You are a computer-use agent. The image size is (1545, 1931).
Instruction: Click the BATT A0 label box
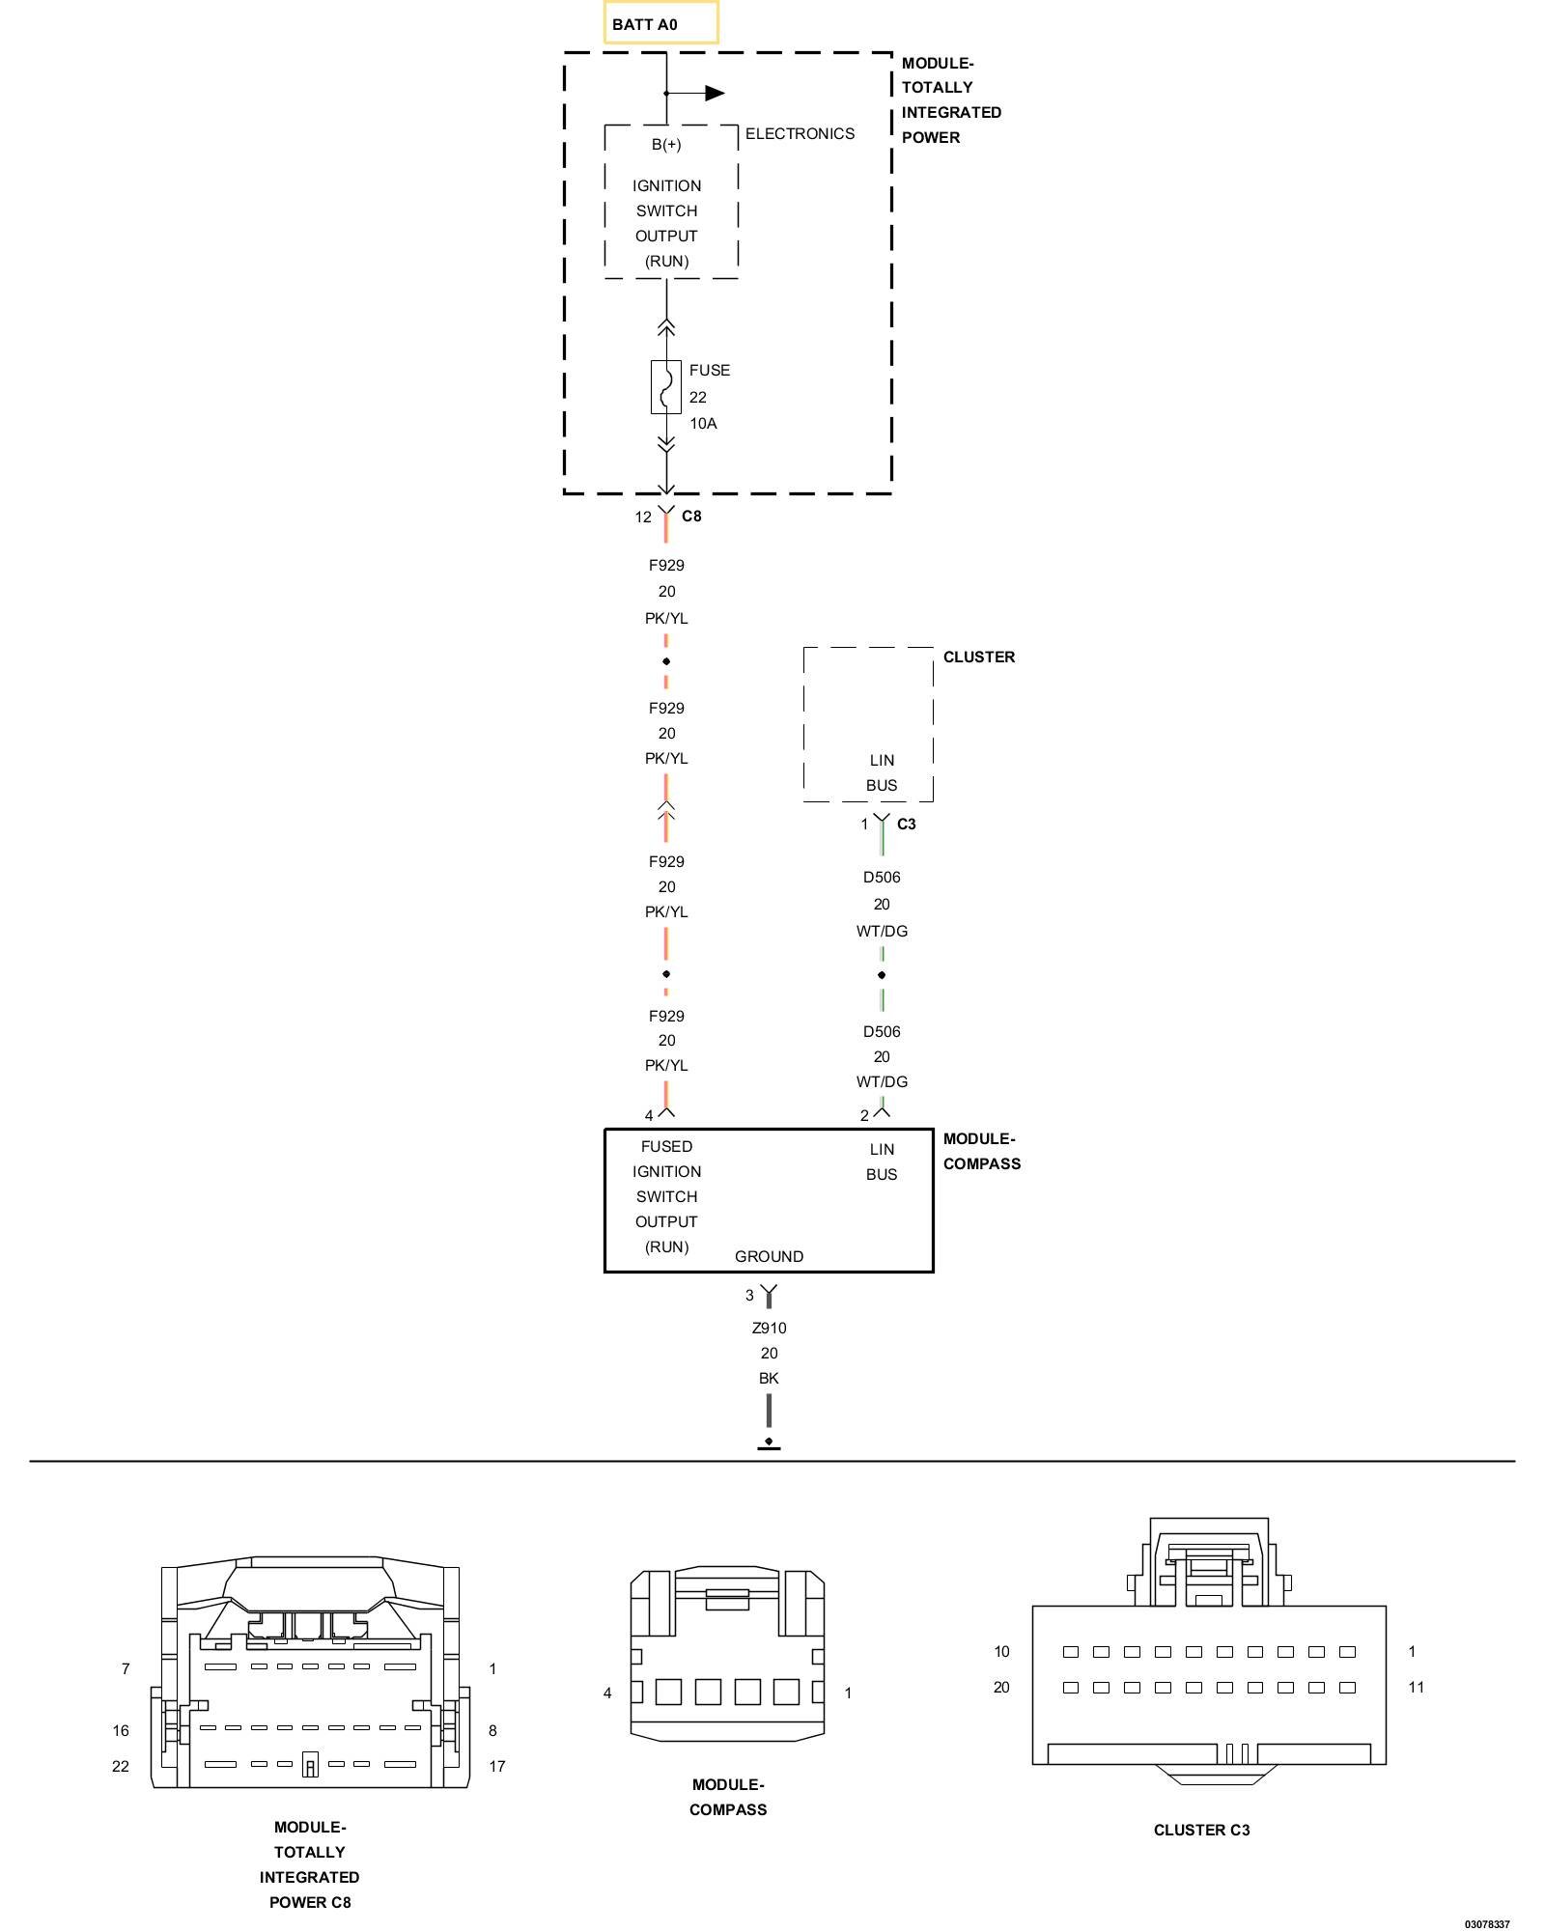pyautogui.click(x=660, y=23)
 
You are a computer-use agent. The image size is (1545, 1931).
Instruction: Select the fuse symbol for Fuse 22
pyautogui.click(x=665, y=387)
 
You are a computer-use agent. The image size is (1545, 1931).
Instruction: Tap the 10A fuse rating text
pyautogui.click(x=703, y=424)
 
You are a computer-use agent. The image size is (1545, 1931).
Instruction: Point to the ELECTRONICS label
pyautogui.click(x=800, y=134)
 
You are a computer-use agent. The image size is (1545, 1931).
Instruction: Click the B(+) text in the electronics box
pyautogui.click(x=666, y=145)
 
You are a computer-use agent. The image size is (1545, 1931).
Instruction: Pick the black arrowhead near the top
pyautogui.click(x=715, y=94)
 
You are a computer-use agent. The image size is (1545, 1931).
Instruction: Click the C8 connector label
pyautogui.click(x=691, y=517)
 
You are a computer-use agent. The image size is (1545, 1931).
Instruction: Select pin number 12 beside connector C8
pyautogui.click(x=643, y=518)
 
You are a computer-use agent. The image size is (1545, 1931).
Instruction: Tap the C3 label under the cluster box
pyautogui.click(x=906, y=825)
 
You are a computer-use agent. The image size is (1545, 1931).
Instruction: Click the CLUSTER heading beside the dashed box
pyautogui.click(x=979, y=658)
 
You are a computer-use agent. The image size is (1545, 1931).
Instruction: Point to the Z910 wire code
pyautogui.click(x=769, y=1329)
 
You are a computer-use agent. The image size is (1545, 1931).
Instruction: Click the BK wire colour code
pyautogui.click(x=769, y=1379)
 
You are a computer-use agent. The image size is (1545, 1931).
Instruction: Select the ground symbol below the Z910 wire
pyautogui.click(x=769, y=1444)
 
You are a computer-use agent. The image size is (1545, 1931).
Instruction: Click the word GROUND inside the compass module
pyautogui.click(x=769, y=1257)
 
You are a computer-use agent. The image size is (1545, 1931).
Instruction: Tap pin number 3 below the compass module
pyautogui.click(x=749, y=1296)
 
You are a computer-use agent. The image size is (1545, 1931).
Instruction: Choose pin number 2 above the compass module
pyautogui.click(x=864, y=1116)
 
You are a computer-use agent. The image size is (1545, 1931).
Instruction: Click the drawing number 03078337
pyautogui.click(x=1486, y=1924)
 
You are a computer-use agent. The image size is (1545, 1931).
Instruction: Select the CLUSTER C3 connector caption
pyautogui.click(x=1201, y=1831)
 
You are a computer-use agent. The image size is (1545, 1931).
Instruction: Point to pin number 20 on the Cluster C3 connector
pyautogui.click(x=1001, y=1688)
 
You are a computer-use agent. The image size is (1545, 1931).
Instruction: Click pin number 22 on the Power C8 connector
pyautogui.click(x=121, y=1767)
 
